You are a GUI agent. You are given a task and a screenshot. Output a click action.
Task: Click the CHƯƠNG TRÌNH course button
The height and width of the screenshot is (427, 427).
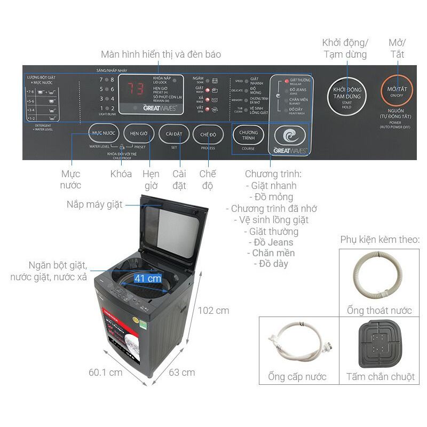pyautogui.click(x=248, y=135)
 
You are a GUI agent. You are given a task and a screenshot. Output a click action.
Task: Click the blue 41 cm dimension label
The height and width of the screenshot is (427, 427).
pyautogui.click(x=147, y=278)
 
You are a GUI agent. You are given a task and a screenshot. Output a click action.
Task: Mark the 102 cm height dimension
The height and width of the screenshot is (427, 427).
pyautogui.click(x=213, y=311)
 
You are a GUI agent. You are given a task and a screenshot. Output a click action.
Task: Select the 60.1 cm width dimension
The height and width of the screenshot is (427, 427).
pyautogui.click(x=106, y=372)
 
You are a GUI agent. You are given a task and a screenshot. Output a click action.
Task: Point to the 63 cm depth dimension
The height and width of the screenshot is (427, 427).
pyautogui.click(x=181, y=373)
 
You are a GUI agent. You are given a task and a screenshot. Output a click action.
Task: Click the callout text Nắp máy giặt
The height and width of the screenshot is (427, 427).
pyautogui.click(x=94, y=204)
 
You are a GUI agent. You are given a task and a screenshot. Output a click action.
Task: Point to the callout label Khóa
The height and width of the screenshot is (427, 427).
pyautogui.click(x=121, y=174)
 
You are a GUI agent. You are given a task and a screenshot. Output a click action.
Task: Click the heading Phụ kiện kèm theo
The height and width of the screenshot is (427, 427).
pyautogui.click(x=379, y=239)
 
